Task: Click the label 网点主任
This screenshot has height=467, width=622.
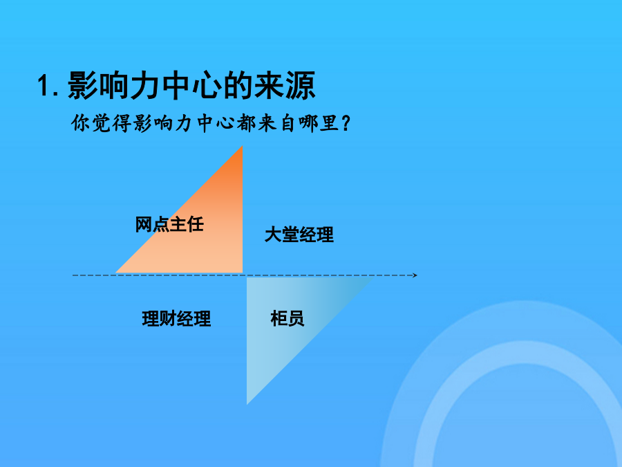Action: (x=169, y=224)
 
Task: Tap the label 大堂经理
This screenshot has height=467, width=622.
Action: (x=299, y=235)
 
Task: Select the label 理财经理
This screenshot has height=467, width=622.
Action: (x=176, y=318)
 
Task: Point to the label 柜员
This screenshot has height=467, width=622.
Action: (x=288, y=318)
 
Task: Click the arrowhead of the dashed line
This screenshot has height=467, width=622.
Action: (x=415, y=275)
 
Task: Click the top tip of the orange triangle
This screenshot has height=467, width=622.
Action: (x=243, y=147)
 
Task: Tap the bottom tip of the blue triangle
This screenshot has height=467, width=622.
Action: (x=247, y=404)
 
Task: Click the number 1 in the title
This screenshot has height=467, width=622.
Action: (x=44, y=85)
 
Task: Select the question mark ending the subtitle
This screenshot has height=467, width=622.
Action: (x=346, y=123)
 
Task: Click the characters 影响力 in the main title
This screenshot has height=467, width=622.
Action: (x=114, y=85)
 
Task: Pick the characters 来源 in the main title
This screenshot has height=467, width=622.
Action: (x=285, y=85)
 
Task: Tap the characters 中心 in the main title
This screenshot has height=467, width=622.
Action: (x=191, y=85)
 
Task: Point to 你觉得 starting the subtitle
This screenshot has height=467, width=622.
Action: (x=101, y=122)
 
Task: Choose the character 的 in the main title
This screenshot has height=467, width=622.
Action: (x=238, y=85)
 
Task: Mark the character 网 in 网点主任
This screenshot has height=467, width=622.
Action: (x=144, y=224)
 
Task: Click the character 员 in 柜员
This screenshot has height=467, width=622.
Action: (x=296, y=318)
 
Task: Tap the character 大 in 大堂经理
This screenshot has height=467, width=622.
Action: (x=273, y=235)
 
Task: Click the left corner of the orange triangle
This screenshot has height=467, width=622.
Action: (x=116, y=273)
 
